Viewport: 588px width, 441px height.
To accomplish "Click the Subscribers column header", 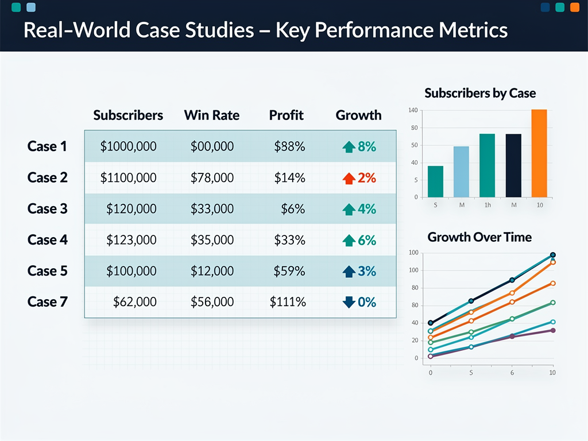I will (128, 115).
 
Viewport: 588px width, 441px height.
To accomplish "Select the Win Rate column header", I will (211, 115).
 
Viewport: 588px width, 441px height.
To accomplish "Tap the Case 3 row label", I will (47, 208).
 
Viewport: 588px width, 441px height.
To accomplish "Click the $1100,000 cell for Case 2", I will (128, 178).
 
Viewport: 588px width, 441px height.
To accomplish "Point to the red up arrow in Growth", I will (349, 179).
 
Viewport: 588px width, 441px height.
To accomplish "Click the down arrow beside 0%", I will (349, 302).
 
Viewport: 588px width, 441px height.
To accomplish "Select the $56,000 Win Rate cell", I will (212, 302).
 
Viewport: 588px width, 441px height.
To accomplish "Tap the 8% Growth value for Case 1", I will (366, 146).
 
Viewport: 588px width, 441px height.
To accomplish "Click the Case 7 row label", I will (47, 302).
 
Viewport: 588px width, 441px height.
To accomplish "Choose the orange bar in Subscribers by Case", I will (539, 153).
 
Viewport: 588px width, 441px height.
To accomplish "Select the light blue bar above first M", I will (461, 172).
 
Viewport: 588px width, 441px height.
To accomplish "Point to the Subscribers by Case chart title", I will (480, 93).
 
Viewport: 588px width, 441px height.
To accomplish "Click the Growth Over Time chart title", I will (479, 237).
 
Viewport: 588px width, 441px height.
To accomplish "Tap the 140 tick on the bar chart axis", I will (412, 110).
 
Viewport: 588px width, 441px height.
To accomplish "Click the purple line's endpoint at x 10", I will (552, 330).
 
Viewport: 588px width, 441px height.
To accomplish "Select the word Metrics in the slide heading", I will (471, 30).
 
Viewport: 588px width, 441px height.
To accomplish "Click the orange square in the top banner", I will (574, 7).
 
